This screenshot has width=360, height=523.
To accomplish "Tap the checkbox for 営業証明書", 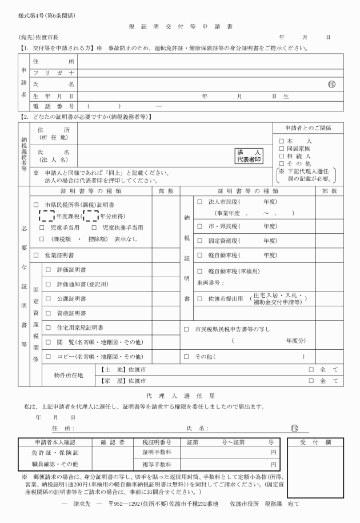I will click(37, 254).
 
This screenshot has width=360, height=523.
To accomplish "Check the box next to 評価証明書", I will click(49, 269).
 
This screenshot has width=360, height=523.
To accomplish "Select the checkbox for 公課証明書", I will click(49, 298).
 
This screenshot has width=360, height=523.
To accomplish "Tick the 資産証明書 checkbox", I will click(49, 313).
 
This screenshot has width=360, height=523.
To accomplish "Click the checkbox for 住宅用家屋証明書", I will click(49, 328).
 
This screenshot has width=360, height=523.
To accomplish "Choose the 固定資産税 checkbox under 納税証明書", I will click(199, 241).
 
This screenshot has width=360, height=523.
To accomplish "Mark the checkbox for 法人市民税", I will click(199, 202).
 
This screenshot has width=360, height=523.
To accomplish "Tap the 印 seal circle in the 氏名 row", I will click(331, 84).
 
